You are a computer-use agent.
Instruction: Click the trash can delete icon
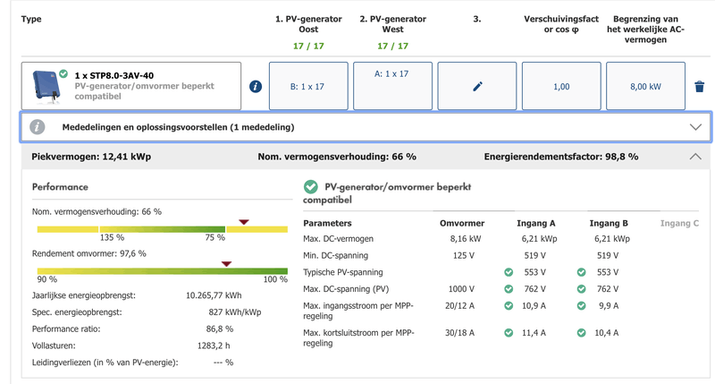pyautogui.click(x=699, y=86)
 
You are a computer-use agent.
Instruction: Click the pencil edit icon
pyautogui.click(x=477, y=86)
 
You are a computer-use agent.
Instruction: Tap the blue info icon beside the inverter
pyautogui.click(x=256, y=86)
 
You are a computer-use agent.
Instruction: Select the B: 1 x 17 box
pyautogui.click(x=307, y=86)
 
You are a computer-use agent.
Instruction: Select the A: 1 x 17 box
pyautogui.click(x=392, y=86)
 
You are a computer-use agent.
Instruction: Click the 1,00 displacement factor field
pyautogui.click(x=561, y=86)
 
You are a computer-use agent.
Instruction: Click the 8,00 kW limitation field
pyautogui.click(x=645, y=86)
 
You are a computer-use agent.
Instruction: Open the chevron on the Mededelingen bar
pyautogui.click(x=695, y=127)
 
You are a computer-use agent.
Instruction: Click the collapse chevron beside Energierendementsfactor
pyautogui.click(x=695, y=157)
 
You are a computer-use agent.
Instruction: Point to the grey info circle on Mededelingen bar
pyautogui.click(x=38, y=127)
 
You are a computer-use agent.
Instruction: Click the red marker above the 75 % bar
pyautogui.click(x=244, y=222)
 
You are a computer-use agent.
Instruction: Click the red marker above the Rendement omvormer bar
pyautogui.click(x=227, y=263)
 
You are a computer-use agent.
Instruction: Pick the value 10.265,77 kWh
pyautogui.click(x=214, y=294)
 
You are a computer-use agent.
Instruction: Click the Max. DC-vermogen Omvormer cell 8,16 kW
pyautogui.click(x=461, y=239)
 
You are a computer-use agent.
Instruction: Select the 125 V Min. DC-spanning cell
pyautogui.click(x=462, y=255)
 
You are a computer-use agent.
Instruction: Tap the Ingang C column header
pyautogui.click(x=678, y=223)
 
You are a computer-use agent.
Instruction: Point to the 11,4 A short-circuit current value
pyautogui.click(x=534, y=332)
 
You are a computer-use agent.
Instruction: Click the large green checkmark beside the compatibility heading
pyautogui.click(x=310, y=187)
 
